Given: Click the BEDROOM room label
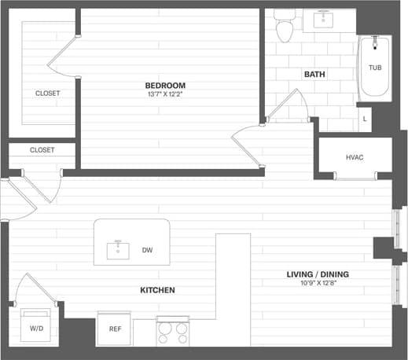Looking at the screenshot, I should [x=164, y=85].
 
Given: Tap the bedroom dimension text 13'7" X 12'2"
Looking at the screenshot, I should [x=164, y=94].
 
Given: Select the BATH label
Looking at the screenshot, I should [x=314, y=75].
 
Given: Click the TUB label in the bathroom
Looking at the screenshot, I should [x=376, y=68].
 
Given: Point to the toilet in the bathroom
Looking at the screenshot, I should [x=284, y=28].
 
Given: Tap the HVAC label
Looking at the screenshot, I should [x=355, y=157].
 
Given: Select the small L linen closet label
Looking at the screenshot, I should [x=365, y=119].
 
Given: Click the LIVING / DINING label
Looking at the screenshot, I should [x=318, y=274].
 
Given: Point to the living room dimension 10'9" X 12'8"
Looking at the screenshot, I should [x=318, y=284].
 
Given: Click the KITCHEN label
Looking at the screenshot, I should [x=157, y=290].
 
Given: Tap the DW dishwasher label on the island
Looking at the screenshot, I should [x=147, y=251].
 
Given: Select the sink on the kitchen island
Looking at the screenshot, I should [x=118, y=250].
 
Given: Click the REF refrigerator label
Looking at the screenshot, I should [x=115, y=329].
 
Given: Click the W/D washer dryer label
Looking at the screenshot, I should [x=37, y=328].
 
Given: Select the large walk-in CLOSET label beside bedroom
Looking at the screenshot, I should [x=47, y=93].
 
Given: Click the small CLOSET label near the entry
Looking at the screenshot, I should [x=42, y=149].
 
